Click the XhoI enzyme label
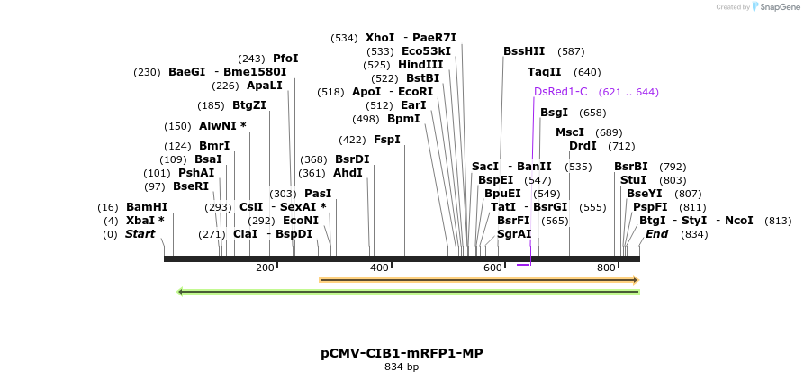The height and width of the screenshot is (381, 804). [379, 38]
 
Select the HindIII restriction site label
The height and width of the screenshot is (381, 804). [420, 65]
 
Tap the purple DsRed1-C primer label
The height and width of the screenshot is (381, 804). [560, 92]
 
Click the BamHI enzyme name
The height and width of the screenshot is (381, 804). [146, 207]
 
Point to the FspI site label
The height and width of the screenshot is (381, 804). [386, 140]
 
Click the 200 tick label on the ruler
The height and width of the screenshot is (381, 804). [265, 268]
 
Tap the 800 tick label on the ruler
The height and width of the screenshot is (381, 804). [606, 268]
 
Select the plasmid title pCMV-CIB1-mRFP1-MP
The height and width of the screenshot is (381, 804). [402, 353]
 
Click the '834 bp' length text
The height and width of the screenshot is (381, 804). [402, 367]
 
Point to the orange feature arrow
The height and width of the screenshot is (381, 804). [478, 280]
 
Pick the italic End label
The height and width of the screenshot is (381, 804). [656, 234]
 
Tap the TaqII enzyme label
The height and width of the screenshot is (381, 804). [544, 72]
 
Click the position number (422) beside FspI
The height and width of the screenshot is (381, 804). [352, 140]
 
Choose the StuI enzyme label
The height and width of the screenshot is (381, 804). [633, 180]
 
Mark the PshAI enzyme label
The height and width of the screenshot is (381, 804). [196, 173]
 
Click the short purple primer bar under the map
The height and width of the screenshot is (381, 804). [523, 265]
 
